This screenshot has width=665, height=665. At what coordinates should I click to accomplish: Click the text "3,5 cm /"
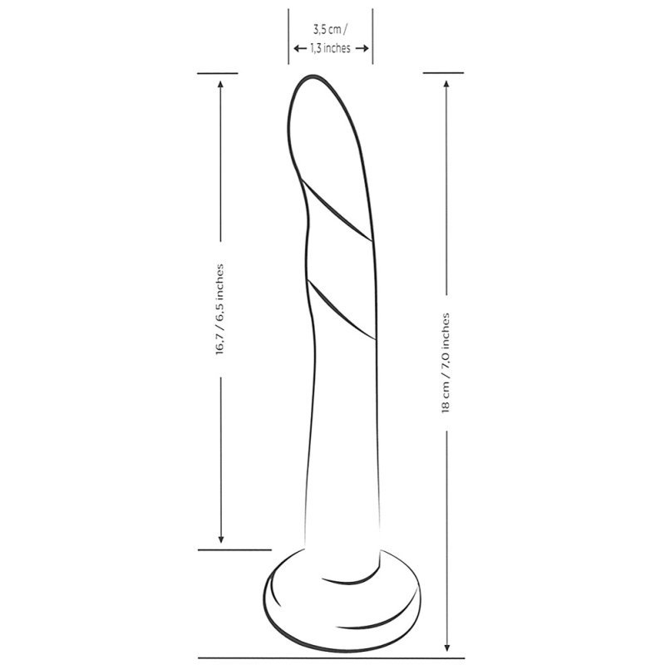(x=330, y=30)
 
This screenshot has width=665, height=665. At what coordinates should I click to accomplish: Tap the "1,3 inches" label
(x=330, y=48)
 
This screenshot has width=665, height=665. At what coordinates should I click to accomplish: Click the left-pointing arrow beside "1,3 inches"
(x=300, y=48)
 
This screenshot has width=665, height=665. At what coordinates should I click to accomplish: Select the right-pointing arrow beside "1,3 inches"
(x=362, y=48)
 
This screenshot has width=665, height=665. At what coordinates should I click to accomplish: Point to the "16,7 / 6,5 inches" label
(x=219, y=309)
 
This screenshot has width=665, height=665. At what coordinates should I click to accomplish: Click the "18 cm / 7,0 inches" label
(x=446, y=363)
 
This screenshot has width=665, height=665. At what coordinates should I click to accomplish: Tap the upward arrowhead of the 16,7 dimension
(x=220, y=85)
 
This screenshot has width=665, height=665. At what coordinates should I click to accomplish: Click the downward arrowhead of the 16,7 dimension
(x=220, y=539)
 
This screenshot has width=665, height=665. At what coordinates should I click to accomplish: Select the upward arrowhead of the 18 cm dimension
(x=446, y=85)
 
